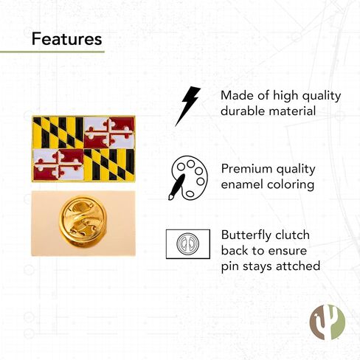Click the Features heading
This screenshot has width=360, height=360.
(66, 39)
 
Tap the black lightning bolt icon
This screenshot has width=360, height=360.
(188, 105)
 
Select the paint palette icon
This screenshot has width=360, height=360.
(188, 178)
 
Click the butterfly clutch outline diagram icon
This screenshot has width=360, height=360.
(188, 244)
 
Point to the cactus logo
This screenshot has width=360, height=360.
(328, 322)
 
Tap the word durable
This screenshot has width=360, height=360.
(243, 111)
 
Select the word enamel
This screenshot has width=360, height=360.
(242, 184)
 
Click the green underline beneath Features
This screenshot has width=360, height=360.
(52, 52)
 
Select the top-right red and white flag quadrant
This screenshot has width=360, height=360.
(109, 132)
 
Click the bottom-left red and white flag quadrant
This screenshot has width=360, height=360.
(58, 165)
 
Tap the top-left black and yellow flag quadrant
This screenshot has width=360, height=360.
(58, 132)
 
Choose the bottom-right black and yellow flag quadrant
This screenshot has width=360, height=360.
(109, 165)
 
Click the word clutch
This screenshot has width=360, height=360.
(292, 235)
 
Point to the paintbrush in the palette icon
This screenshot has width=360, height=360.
(177, 187)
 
